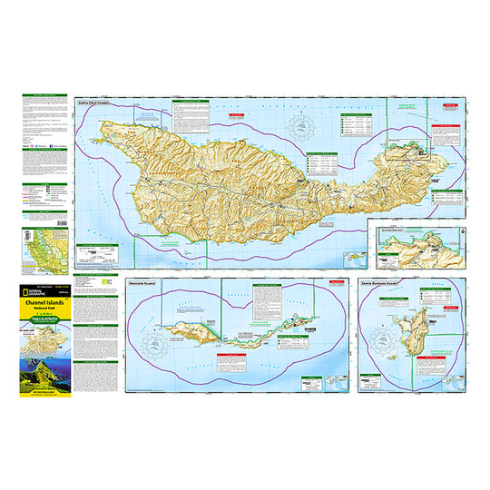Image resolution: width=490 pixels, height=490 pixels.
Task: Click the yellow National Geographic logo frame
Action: click(29, 295)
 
